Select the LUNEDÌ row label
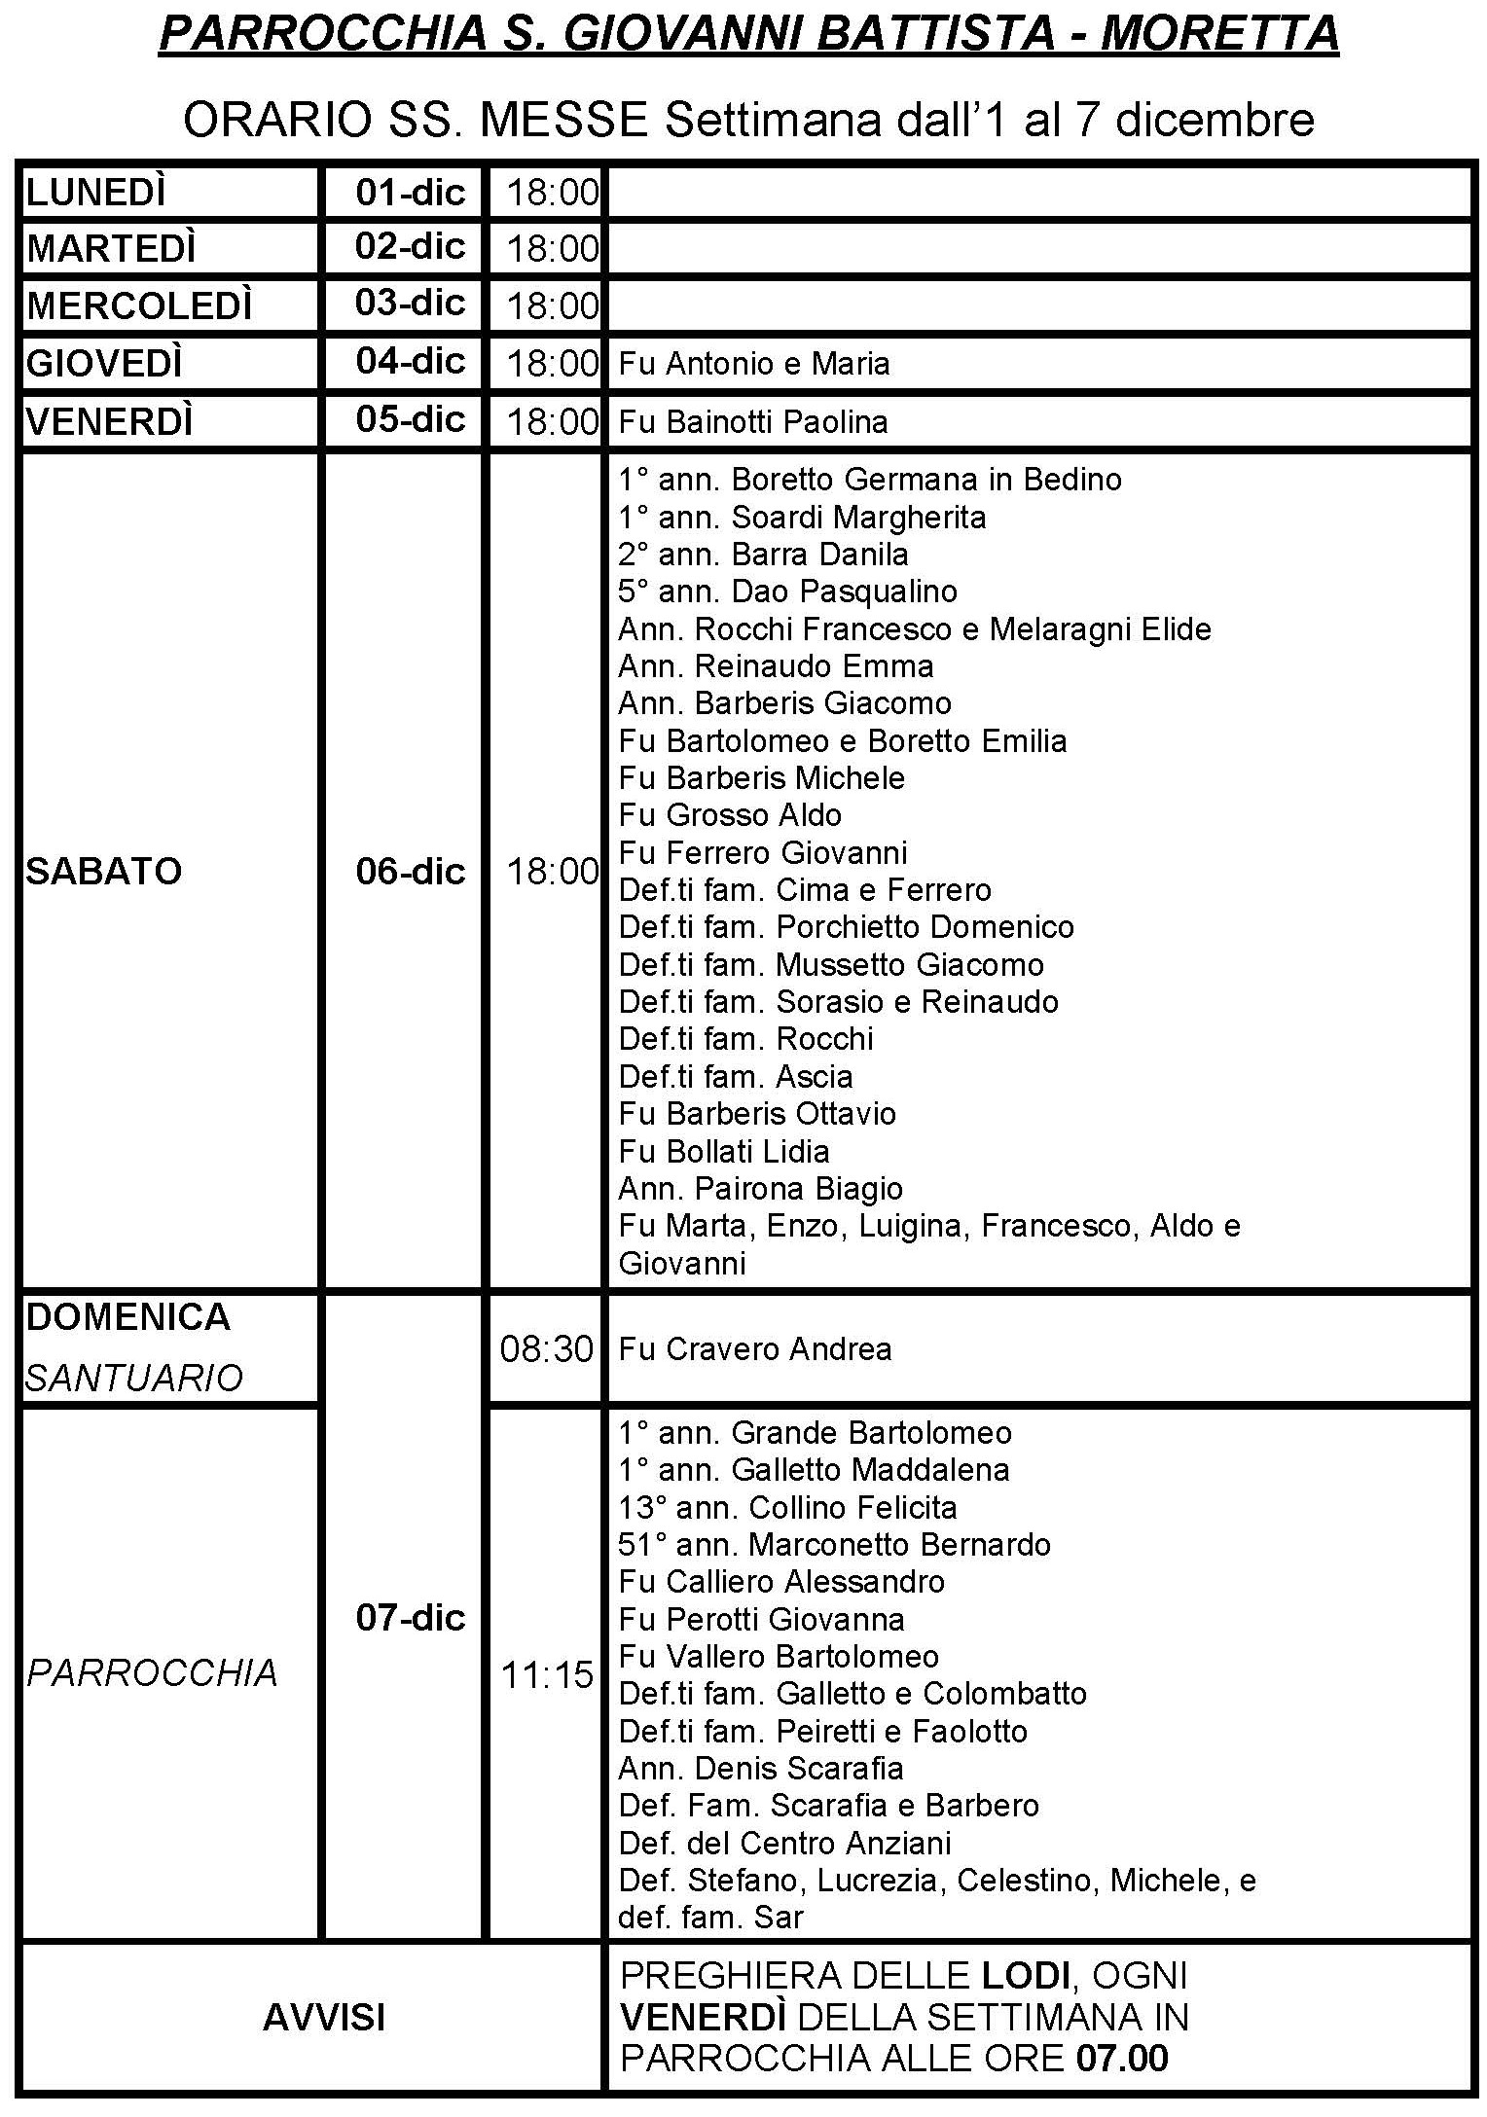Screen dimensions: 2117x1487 (96, 193)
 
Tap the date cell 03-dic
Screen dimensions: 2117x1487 (410, 303)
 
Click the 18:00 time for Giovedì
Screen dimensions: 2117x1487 (552, 364)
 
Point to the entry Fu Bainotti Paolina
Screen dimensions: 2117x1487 (753, 422)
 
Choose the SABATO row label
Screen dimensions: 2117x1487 (104, 871)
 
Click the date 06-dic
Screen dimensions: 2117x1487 (410, 871)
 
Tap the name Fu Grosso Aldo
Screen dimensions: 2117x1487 (730, 815)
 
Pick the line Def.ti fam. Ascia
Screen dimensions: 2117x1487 (736, 1077)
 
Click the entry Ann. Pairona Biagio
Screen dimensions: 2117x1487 (760, 1189)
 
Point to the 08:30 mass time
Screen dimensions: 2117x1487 (546, 1349)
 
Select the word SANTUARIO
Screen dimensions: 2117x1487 (134, 1379)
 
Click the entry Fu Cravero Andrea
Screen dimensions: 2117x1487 (755, 1349)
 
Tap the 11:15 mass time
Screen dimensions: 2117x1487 (546, 1675)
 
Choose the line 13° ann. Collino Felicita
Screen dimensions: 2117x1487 (787, 1508)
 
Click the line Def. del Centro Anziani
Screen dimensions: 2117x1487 (784, 1843)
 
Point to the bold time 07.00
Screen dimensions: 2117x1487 (1122, 2059)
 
